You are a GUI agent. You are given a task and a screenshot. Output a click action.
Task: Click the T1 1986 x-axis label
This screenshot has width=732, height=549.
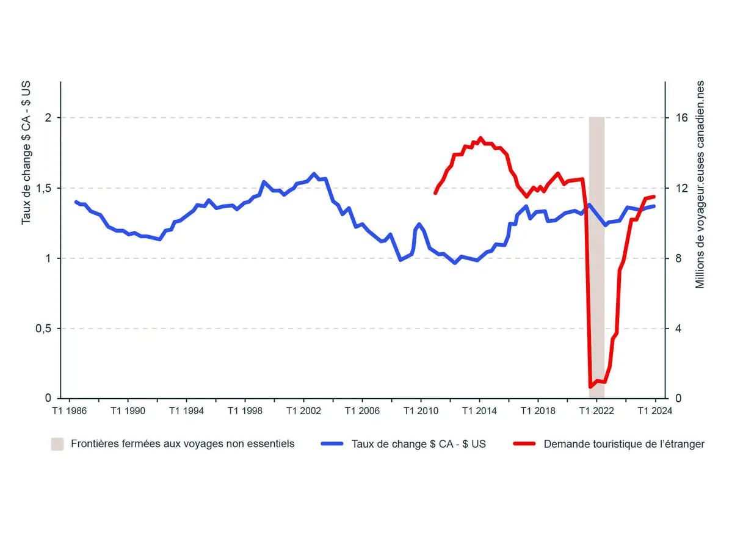[68, 411]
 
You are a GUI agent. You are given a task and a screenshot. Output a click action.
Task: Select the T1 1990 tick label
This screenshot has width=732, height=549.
[128, 411]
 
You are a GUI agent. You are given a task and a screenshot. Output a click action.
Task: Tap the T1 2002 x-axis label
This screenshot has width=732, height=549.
[303, 411]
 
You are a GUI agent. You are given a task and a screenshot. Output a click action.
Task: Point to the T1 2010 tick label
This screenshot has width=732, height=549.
[421, 411]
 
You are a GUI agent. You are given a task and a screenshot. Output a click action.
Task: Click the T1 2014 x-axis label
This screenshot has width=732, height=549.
[479, 411]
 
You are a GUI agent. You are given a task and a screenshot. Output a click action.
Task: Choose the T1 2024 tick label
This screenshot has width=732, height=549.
[654, 411]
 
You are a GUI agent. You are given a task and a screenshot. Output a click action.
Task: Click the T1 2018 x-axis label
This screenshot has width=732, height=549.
[538, 411]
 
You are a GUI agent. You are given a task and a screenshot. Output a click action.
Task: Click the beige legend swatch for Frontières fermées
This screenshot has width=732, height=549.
[57, 444]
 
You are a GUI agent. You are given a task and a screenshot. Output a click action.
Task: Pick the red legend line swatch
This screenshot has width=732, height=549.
[524, 444]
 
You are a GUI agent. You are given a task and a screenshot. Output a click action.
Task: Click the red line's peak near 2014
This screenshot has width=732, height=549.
[480, 138]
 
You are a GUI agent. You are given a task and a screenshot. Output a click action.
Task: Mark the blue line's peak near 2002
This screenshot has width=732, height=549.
[314, 174]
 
